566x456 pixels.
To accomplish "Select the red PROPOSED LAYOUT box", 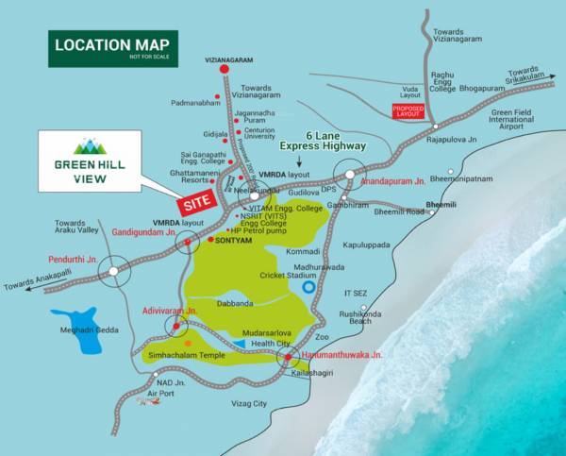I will click(408, 110).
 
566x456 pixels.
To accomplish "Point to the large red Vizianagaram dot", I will click(225, 69).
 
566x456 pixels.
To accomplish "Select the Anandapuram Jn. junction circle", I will click(350, 176).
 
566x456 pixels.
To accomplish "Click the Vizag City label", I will click(249, 403).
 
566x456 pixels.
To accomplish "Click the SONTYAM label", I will click(231, 241).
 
